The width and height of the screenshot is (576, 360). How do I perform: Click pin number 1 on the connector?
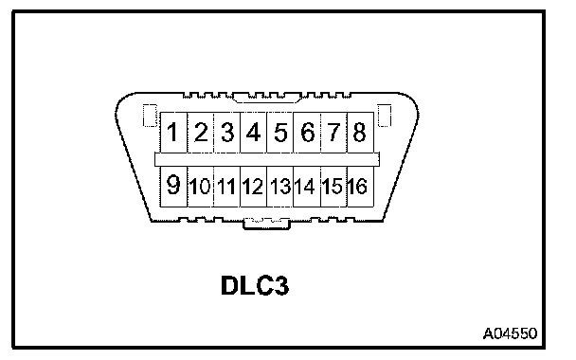(x=173, y=133)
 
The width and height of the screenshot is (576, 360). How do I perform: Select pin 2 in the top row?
(x=201, y=133)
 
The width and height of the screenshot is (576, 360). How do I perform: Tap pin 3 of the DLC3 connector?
(x=227, y=133)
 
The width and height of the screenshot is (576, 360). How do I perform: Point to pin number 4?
(x=254, y=133)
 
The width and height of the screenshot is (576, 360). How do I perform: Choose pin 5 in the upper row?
(x=279, y=133)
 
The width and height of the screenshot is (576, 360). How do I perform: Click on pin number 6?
(x=307, y=133)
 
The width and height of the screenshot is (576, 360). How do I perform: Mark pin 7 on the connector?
(x=333, y=133)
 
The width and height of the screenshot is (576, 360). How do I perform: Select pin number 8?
(x=360, y=133)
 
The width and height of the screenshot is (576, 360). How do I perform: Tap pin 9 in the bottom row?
(x=173, y=187)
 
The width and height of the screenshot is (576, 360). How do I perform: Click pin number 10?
(x=201, y=187)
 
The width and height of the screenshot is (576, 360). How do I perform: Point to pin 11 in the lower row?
(x=227, y=187)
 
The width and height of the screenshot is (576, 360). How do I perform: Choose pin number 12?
(x=254, y=187)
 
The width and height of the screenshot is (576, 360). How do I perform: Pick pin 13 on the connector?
(x=279, y=187)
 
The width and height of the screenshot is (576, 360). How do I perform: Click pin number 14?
(x=307, y=187)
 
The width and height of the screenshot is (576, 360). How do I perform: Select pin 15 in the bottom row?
(x=333, y=187)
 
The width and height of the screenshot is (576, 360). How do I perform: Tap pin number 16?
(x=360, y=187)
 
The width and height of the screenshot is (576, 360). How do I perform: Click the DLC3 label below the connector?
(x=255, y=285)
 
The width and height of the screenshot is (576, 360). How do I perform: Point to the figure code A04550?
(x=510, y=333)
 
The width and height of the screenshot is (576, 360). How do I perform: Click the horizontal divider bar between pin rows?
(x=267, y=160)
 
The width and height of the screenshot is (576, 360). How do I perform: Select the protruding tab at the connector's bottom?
(x=267, y=225)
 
